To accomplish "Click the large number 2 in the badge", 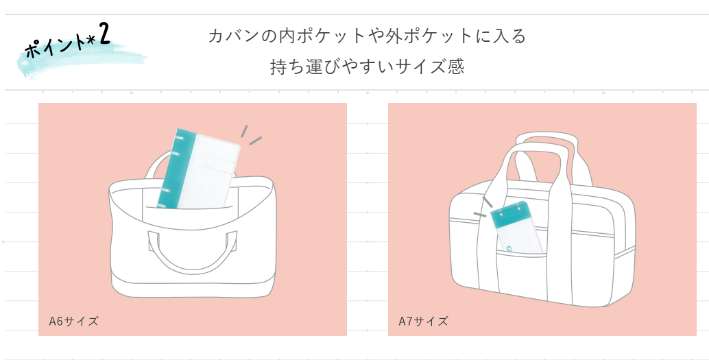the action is point(104,34).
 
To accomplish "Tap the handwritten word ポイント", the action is point(55,46).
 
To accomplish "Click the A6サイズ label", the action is point(73,321).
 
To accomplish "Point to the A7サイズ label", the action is point(423,321).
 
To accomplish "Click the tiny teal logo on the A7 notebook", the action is point(509,249).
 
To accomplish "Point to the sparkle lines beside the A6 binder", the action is point(251,135).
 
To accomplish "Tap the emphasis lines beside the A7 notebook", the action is point(483,207).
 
